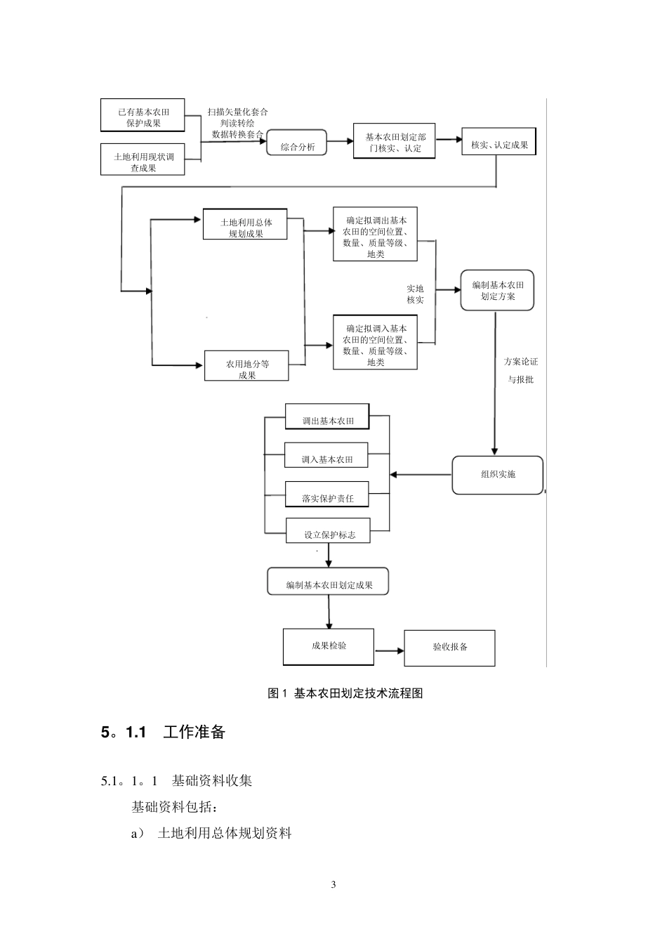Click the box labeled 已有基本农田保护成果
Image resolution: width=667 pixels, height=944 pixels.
pos(143,115)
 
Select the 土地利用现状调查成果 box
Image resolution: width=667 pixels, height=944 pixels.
pos(143,159)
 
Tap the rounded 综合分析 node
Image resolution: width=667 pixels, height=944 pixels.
pos(296,143)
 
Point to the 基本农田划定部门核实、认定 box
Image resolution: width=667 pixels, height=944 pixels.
pos(394,140)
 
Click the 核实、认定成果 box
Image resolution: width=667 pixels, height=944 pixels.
pos(499,141)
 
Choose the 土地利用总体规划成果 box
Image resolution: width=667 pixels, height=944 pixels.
pos(245,224)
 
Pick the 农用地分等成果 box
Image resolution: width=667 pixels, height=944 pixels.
pos(246,365)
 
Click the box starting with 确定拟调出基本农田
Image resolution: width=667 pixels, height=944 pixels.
pos(375,234)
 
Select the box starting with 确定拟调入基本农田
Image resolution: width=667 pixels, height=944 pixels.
pos(375,342)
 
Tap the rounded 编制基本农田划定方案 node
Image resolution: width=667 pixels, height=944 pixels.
pos(497,290)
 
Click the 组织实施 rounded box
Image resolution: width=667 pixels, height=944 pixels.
pos(498,475)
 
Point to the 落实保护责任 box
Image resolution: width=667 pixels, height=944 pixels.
pos(327,494)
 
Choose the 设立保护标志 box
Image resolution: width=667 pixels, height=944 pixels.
pos(328,530)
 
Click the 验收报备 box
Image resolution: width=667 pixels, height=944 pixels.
pos(449,648)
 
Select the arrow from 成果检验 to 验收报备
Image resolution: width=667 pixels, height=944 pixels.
pos(390,651)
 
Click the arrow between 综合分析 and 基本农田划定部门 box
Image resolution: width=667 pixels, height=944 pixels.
pos(341,141)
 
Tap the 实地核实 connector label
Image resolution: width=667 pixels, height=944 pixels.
pos(415,294)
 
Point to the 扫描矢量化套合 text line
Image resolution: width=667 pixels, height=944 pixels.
pos(237,112)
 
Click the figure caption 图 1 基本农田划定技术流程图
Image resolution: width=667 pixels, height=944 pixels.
pos(345,693)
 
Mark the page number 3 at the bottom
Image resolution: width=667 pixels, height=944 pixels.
pos(333,884)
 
